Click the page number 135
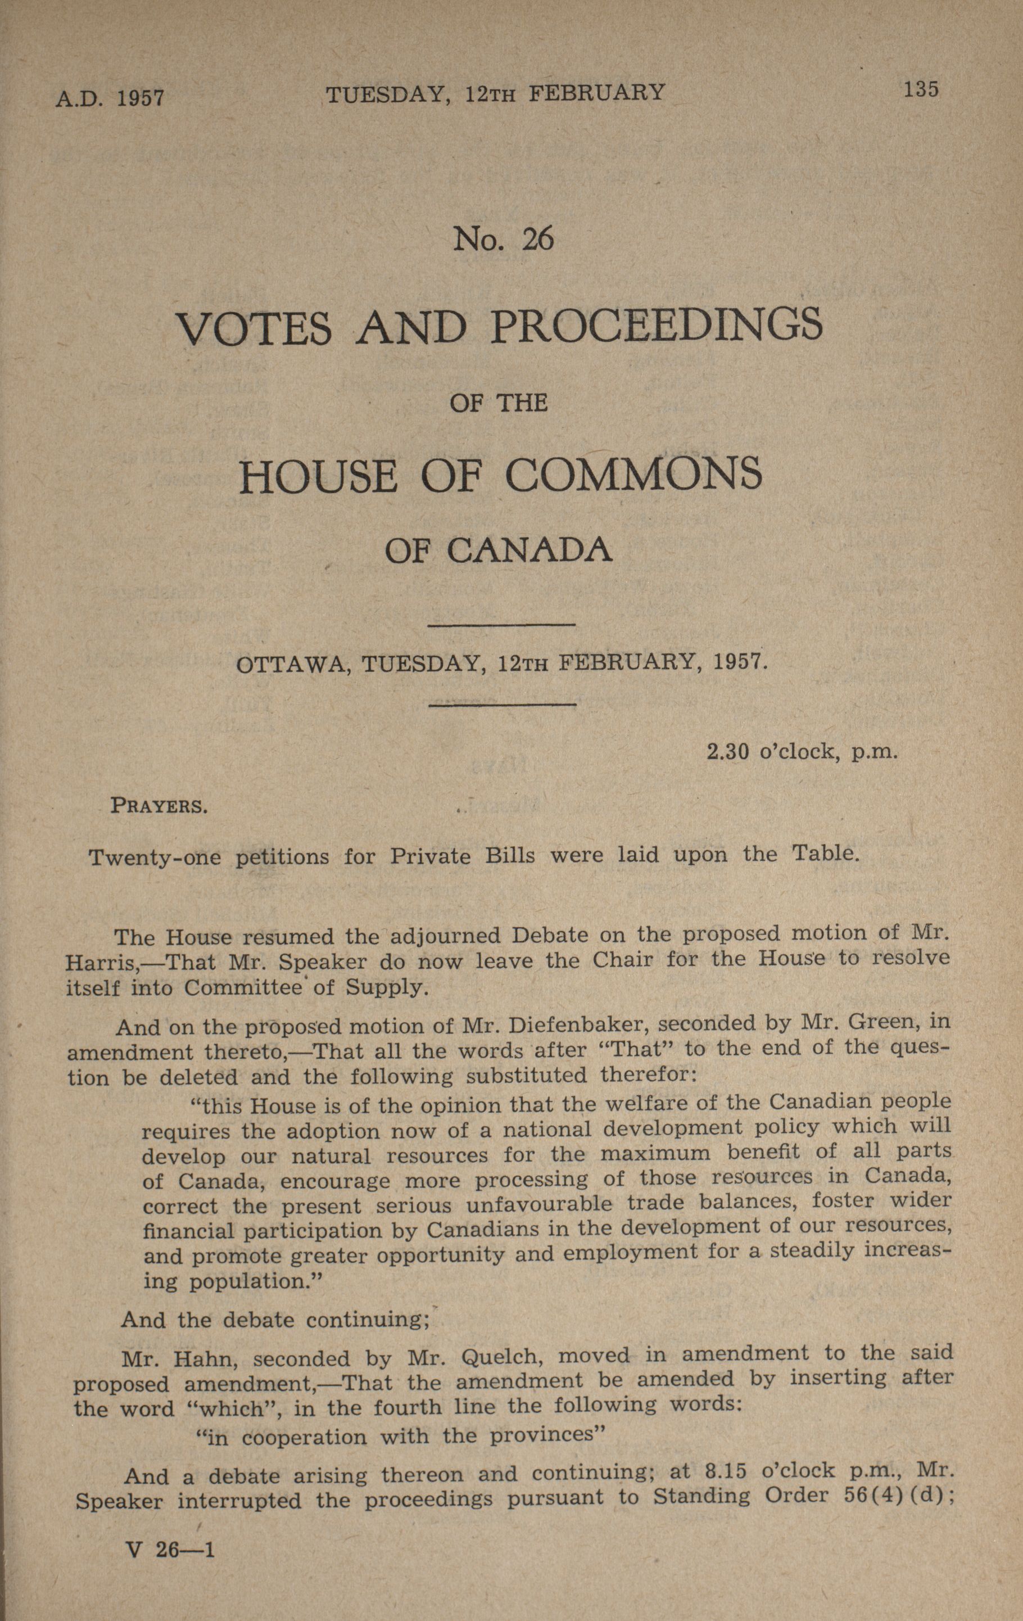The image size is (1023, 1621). pos(921,89)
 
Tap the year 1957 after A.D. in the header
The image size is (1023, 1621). pos(141,99)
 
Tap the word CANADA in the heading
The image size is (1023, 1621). pos(529,550)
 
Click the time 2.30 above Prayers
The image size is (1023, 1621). pos(727,751)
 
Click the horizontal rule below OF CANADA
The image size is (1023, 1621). pos(501,626)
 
